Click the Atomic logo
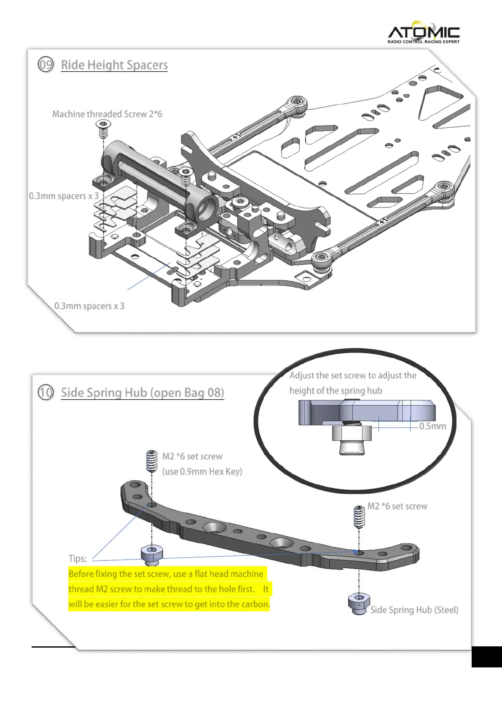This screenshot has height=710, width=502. pos(423,32)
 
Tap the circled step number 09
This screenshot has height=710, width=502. pos(46,65)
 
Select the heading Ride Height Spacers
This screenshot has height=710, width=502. pos(114,65)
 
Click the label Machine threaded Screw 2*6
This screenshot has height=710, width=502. pos(107,114)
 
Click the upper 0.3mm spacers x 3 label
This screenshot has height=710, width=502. pos(64,196)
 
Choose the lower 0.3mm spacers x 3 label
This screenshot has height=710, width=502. pos(89,306)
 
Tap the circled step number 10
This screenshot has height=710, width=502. pos(46,393)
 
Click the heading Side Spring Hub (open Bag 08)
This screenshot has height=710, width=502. pos(142,393)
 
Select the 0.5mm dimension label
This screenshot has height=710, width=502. pos(432,426)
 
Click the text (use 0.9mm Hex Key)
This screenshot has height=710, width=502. pos(202,471)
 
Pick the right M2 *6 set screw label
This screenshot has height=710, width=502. pos(397,506)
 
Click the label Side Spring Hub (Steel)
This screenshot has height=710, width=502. pos(414,610)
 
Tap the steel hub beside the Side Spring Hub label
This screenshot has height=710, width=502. pos(359,604)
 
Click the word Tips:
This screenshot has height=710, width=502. pos(78,559)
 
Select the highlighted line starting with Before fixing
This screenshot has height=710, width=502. pos(166,574)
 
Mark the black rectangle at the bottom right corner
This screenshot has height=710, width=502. pos(486,656)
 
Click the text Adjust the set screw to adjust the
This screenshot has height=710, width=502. pos(353,375)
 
